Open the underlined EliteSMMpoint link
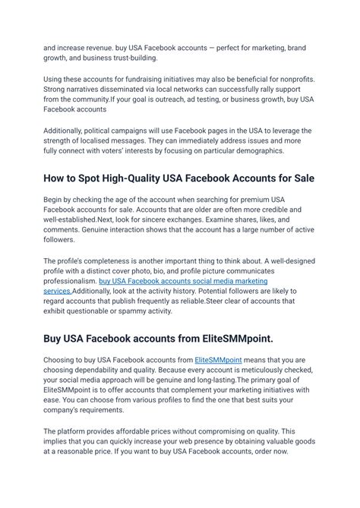pos(217,359)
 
